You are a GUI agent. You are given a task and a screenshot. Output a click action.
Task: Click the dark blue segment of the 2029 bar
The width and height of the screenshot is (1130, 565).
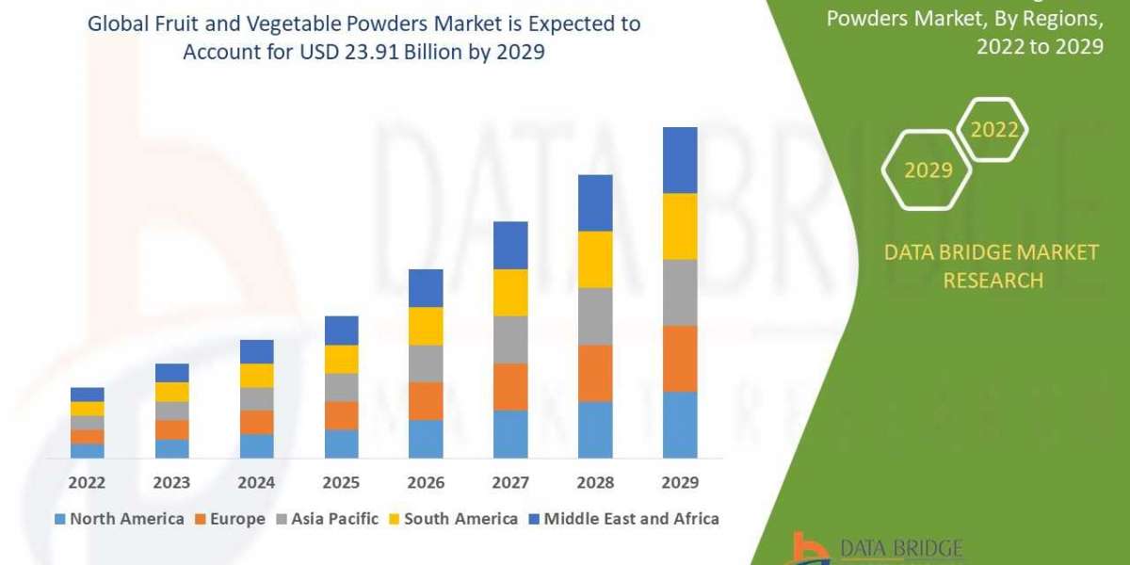pos(680,160)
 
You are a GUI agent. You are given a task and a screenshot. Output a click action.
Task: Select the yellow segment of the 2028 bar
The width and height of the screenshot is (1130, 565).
pos(595,259)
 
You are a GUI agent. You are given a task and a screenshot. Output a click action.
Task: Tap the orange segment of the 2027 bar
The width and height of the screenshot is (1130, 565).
pos(510,386)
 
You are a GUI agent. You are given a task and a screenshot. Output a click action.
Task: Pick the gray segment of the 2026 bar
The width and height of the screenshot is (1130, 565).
pos(426,363)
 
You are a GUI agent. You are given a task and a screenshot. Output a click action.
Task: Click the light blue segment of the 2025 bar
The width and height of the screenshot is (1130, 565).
pos(341,444)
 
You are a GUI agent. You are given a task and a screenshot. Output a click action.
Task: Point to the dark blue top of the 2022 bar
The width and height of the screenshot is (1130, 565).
pos(87,394)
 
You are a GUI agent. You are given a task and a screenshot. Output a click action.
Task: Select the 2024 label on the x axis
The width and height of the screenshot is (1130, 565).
pos(256,482)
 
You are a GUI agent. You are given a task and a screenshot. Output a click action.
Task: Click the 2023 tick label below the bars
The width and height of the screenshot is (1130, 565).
pos(171,482)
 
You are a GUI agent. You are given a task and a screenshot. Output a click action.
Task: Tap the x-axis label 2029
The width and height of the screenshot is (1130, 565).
pos(680,482)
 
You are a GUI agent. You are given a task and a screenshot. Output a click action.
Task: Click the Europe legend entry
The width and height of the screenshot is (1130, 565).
pos(230,519)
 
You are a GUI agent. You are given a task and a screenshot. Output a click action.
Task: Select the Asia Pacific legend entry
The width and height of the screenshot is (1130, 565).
pos(326,519)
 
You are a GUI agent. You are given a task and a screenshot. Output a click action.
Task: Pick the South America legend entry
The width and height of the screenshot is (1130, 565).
pos(452,519)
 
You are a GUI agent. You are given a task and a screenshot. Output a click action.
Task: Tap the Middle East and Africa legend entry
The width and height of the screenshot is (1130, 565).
pos(623,519)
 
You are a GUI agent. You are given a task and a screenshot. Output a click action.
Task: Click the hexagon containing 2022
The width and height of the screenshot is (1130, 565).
pos(993,130)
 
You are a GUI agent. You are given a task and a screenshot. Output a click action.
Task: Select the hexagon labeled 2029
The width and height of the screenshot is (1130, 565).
pos(927,169)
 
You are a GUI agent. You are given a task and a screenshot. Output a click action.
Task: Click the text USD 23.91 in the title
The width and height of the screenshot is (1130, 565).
pos(347,53)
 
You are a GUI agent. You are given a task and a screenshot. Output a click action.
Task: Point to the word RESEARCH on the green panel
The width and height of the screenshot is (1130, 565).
pos(993,281)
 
